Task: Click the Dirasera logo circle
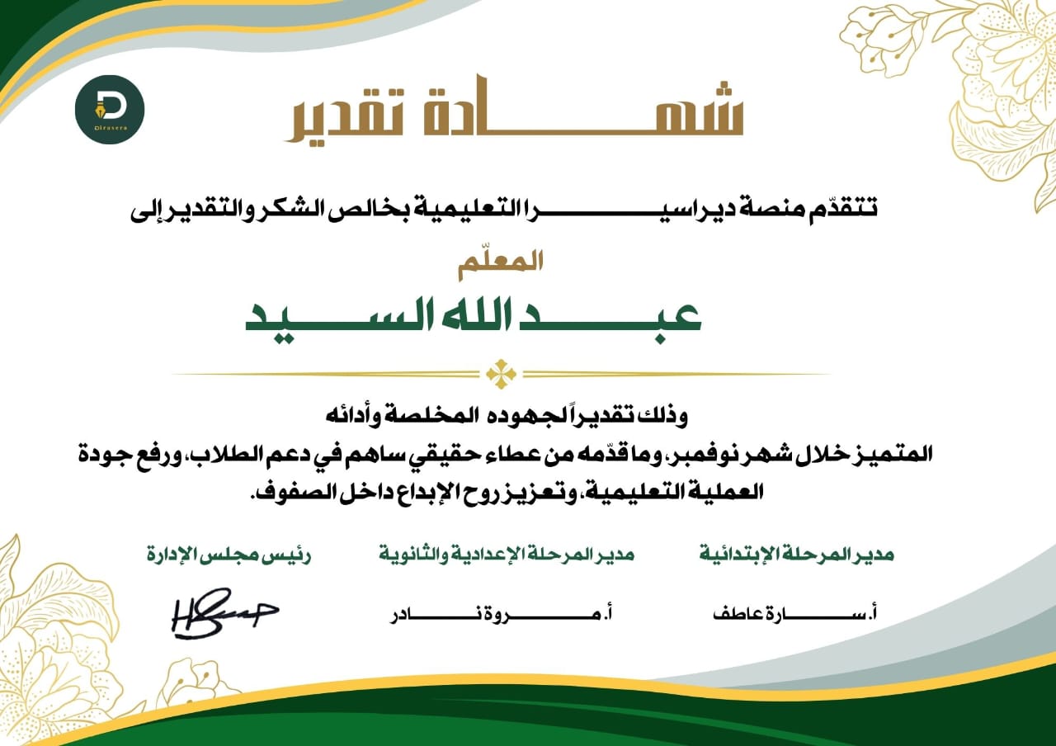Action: (110, 109)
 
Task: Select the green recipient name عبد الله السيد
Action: (474, 317)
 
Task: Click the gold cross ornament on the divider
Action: (501, 374)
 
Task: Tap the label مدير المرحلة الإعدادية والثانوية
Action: (507, 554)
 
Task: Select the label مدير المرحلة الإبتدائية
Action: (797, 554)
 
